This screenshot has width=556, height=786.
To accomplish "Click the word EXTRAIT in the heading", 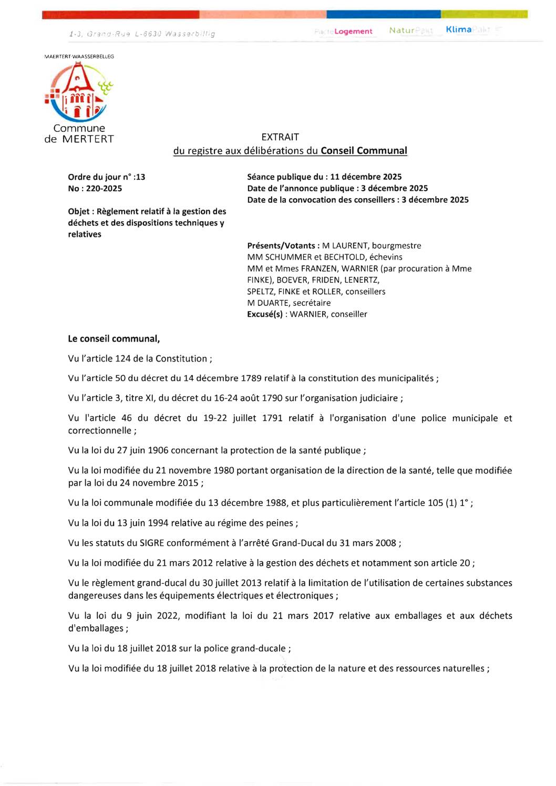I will click(x=280, y=137).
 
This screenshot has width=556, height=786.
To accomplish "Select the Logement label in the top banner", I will click(x=353, y=32).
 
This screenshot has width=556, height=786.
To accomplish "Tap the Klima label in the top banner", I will click(x=458, y=29).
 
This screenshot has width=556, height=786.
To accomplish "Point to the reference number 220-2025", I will click(x=104, y=189).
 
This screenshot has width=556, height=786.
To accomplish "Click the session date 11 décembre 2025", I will click(x=366, y=177).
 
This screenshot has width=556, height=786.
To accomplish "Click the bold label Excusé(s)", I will click(x=265, y=315).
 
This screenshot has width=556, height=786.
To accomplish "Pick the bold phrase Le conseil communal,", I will click(x=114, y=339).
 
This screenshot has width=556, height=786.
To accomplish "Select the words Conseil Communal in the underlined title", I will click(x=364, y=151).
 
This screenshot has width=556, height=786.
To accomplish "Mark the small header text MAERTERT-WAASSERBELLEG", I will click(x=79, y=56).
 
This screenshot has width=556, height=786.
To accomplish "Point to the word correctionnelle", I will click(x=100, y=431).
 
